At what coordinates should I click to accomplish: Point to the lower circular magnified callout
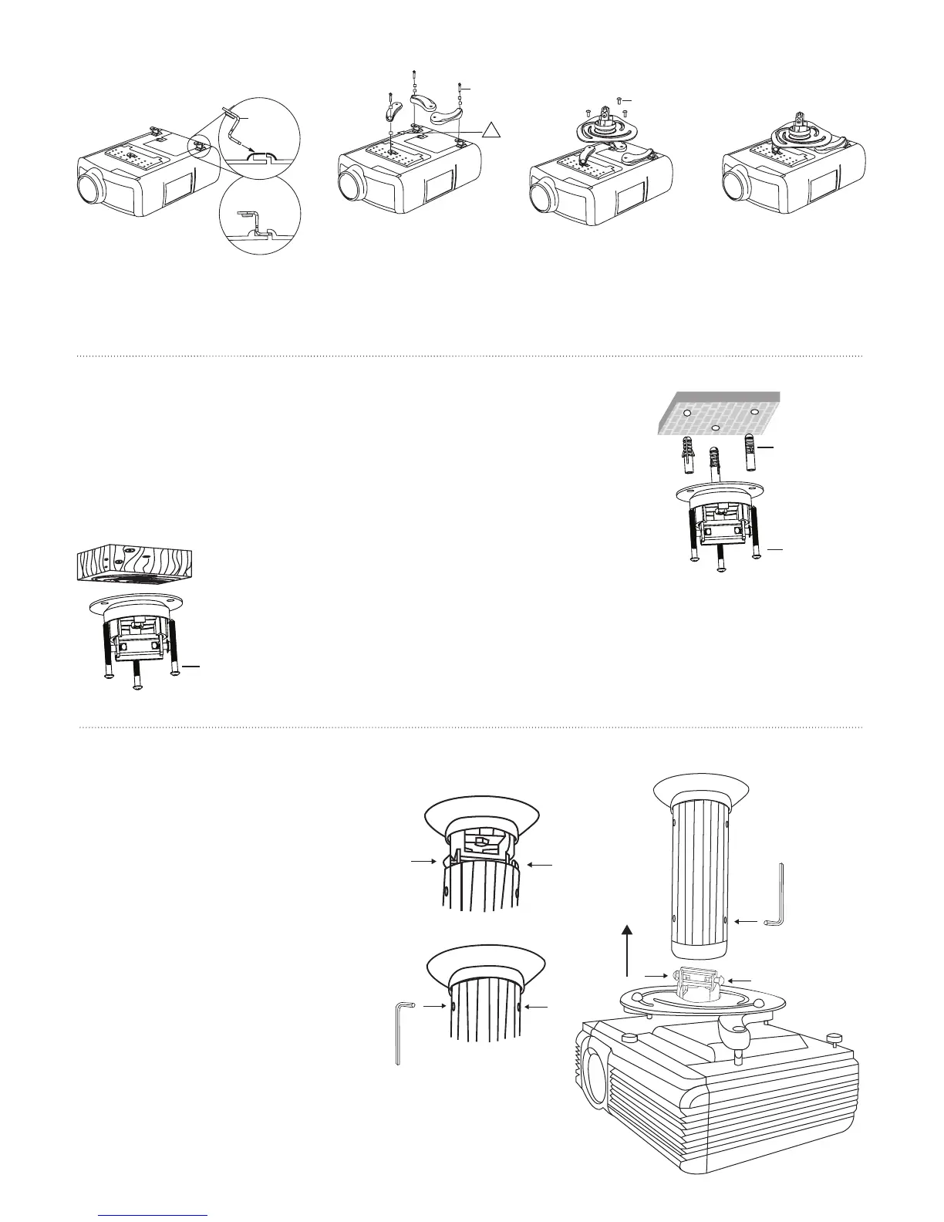(x=259, y=216)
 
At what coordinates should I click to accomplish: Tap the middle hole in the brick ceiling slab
(x=716, y=427)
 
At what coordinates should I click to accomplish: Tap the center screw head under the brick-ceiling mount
(x=722, y=569)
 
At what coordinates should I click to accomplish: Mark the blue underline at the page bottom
(x=154, y=1215)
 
